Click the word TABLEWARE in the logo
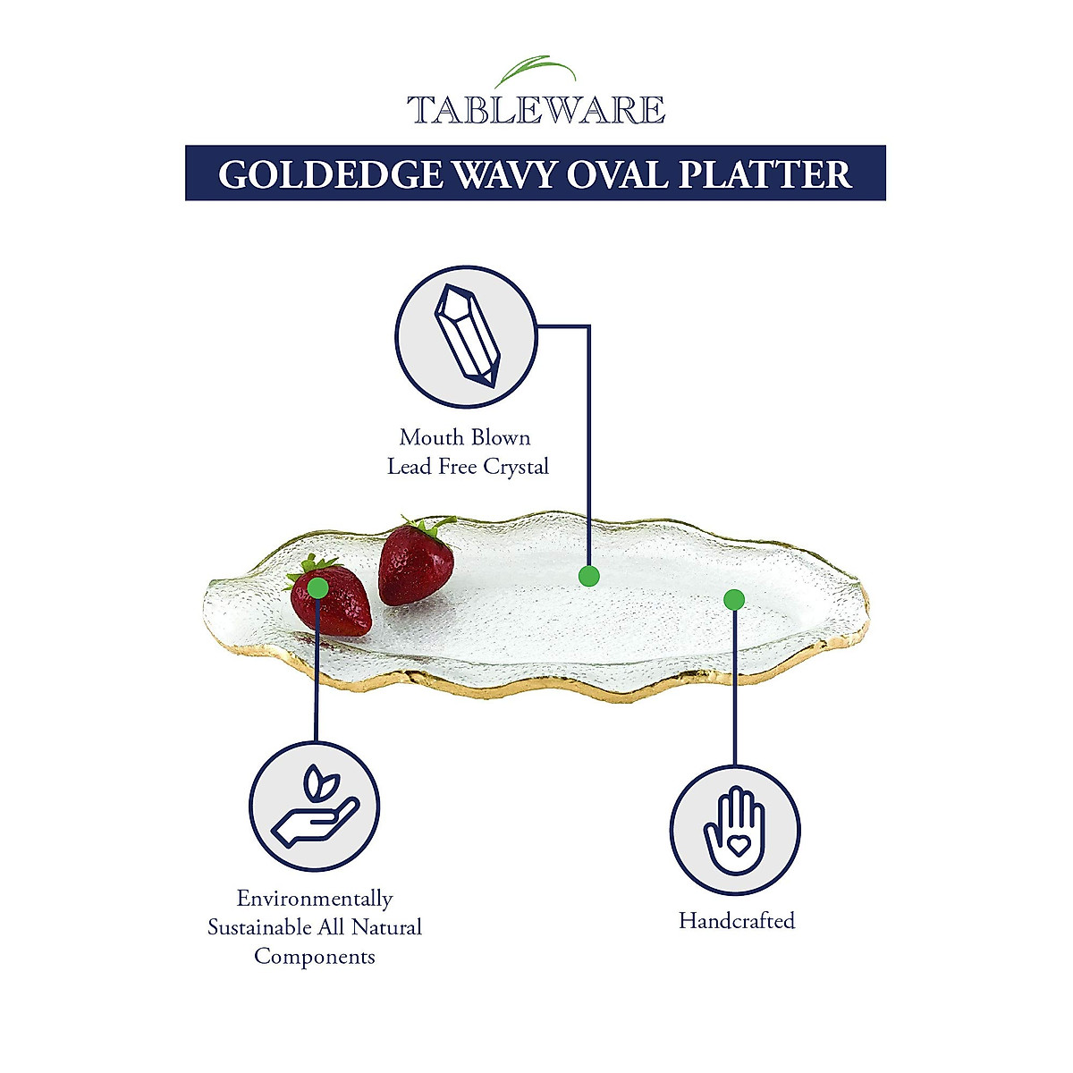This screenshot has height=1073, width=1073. [x=536, y=110]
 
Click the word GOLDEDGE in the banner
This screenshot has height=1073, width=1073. [x=330, y=174]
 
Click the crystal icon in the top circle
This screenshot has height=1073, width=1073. [x=466, y=335]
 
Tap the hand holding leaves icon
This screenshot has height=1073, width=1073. [x=314, y=807]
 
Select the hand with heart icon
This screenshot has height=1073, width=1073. [x=735, y=830]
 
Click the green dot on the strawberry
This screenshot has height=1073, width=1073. [x=317, y=587]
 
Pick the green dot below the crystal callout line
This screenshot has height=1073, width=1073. [x=588, y=576]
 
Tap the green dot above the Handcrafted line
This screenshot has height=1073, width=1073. [x=734, y=599]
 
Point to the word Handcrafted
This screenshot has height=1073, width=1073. [x=736, y=921]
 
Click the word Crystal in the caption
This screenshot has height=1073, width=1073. [x=516, y=467]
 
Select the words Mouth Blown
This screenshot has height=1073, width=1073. [x=465, y=437]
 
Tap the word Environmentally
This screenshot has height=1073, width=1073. [x=315, y=899]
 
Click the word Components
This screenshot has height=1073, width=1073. [x=315, y=956]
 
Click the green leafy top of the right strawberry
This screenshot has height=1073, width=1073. [x=429, y=525]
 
